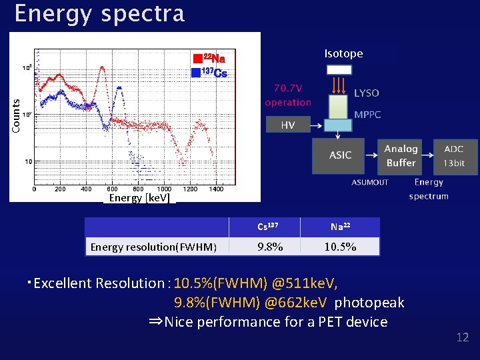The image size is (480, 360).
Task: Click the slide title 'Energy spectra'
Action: tap(99, 14)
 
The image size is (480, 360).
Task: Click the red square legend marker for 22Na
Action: tap(197, 59)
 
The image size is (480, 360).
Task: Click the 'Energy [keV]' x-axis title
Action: tap(139, 198)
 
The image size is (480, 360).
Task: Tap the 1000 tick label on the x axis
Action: tap(163, 189)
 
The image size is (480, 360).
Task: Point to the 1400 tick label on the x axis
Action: tap(215, 189)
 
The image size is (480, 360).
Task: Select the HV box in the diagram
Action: tap(287, 125)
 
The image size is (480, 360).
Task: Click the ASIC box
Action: tap(340, 155)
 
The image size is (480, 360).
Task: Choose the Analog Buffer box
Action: tap(401, 156)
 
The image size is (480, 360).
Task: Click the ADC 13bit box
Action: tap(457, 156)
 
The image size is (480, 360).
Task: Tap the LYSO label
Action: tap(367, 93)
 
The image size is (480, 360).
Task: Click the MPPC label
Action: tap(367, 115)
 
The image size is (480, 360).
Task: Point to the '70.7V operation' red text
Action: tap(288, 95)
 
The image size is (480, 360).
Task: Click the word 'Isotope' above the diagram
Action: tap(343, 53)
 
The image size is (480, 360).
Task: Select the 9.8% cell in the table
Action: tap(270, 247)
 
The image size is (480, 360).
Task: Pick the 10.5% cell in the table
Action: tap(340, 247)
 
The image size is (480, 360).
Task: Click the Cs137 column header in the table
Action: tap(270, 227)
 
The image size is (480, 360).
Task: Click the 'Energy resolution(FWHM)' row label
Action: tap(153, 247)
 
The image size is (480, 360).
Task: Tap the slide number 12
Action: tap(462, 337)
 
